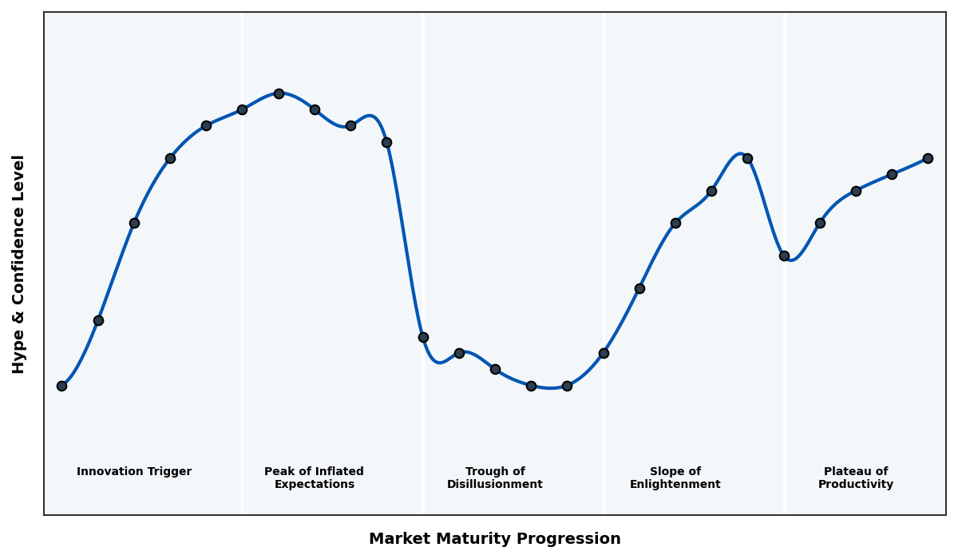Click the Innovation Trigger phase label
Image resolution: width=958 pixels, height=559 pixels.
[x=134, y=472]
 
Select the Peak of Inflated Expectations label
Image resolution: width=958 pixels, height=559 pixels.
[x=314, y=478]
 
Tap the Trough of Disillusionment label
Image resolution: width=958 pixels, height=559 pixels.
[x=494, y=478]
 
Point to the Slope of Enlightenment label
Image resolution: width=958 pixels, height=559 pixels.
[x=675, y=478]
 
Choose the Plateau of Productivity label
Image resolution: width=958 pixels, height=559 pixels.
[x=855, y=478]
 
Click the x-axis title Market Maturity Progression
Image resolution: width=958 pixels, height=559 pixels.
[x=494, y=539]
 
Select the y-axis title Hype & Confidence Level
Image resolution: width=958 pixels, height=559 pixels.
[x=19, y=264]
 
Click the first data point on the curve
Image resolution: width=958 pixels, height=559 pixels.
[x=61, y=386]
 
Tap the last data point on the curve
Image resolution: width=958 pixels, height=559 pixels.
[x=928, y=158]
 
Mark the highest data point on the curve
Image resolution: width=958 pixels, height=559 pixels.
[x=279, y=93]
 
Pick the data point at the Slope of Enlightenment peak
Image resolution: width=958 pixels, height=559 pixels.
[x=747, y=158]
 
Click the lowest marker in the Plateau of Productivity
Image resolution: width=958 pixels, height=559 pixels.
[x=784, y=256]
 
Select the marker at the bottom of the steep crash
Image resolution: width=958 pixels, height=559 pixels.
[x=423, y=337]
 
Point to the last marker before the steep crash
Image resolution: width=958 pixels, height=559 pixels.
[x=386, y=142]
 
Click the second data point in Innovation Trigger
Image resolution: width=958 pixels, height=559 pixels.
[x=98, y=320]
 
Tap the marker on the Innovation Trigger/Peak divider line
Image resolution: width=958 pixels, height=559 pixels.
[x=242, y=109]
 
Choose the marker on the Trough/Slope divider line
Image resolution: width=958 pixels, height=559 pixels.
[x=604, y=353]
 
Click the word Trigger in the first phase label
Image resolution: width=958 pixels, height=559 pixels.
[x=169, y=472]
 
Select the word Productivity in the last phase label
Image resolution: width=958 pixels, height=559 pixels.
[x=855, y=485]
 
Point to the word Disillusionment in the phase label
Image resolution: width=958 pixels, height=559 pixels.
[x=494, y=485]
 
